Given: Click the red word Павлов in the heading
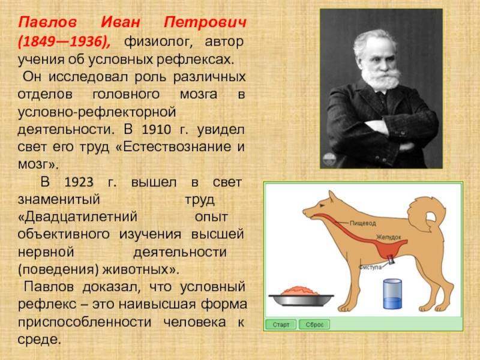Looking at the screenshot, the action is (47, 22).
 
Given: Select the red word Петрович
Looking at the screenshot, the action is (205, 23).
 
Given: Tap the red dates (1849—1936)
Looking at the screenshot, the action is (64, 41).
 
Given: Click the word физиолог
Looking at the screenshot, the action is (158, 42).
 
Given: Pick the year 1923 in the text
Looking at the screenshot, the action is (79, 182).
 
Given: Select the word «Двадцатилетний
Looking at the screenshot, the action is (77, 217).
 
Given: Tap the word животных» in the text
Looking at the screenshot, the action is (140, 269).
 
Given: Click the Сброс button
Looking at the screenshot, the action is (314, 325).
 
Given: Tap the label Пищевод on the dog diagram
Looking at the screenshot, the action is (363, 223).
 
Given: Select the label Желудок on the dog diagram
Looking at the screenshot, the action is (388, 237).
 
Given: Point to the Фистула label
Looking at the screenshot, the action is (370, 267).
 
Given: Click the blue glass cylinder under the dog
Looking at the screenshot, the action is (392, 294).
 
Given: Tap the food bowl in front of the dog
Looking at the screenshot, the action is (301, 297).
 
